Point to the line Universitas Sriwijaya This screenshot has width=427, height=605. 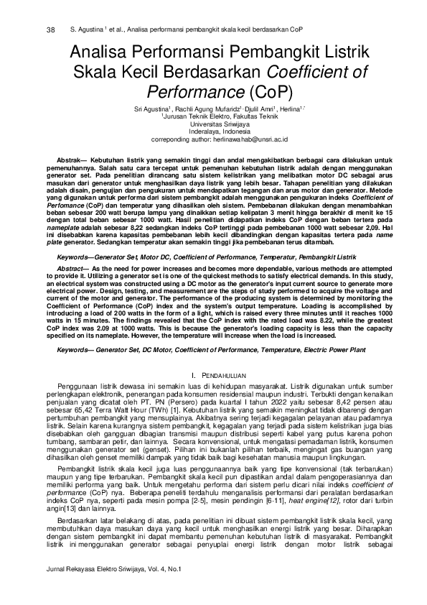tap(213, 123)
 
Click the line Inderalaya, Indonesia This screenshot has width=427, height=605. tap(213, 131)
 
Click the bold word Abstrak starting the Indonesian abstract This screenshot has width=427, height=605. tap(70, 155)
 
